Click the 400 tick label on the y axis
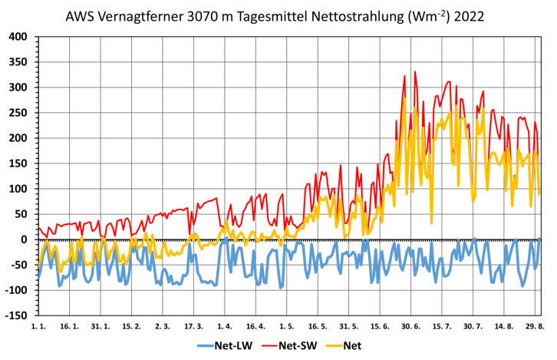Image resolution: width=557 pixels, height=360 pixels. pos(18,37)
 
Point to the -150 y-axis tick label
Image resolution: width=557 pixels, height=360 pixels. pos(16,315)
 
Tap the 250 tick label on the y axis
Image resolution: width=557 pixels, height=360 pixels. pos(18,113)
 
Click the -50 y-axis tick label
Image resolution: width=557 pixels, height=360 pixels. pos(18,265)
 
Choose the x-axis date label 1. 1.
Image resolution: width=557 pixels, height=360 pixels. pos(38,327)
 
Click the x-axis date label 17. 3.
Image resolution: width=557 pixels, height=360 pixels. pos(194,327)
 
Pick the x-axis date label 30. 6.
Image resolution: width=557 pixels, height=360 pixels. pos(411,327)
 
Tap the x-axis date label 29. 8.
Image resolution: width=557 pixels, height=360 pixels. pos(535,327)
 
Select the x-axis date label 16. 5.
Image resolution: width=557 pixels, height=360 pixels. pos(318,327)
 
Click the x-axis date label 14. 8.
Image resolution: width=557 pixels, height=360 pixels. pos(504,327)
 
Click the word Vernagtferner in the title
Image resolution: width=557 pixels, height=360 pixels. pos(138,15)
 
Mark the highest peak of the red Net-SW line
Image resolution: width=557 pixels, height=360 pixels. pos(415,71)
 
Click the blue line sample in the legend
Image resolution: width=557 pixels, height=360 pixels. pos(208,346)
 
